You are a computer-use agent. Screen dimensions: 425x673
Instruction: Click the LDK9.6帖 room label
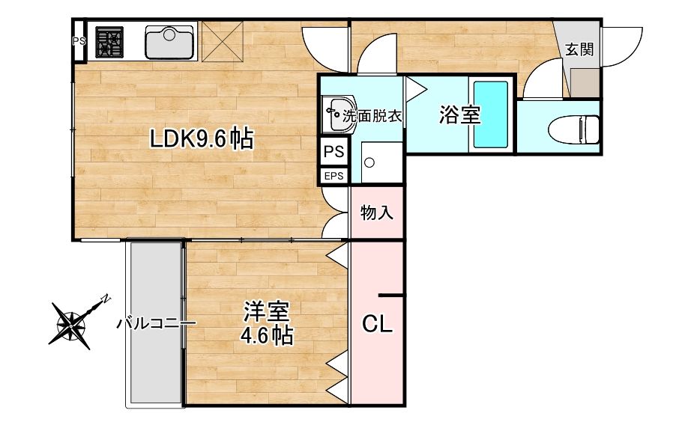pyautogui.click(x=200, y=139)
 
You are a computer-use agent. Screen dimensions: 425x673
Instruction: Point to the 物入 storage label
pyautogui.click(x=377, y=213)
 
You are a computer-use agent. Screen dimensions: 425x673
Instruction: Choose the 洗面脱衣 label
pyautogui.click(x=372, y=117)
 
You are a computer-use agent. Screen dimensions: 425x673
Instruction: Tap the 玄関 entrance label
pyautogui.click(x=579, y=50)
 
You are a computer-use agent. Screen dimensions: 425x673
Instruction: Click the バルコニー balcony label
pyautogui.click(x=156, y=324)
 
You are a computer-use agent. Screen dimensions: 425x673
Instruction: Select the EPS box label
pyautogui.click(x=334, y=177)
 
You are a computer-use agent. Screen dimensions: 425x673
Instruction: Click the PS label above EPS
pyautogui.click(x=334, y=153)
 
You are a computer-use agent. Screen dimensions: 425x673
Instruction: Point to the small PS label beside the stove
pyautogui.click(x=79, y=41)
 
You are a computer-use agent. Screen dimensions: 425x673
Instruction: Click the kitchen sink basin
pyautogui.click(x=170, y=42)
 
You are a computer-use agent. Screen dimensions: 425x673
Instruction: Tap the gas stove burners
pyautogui.click(x=109, y=42)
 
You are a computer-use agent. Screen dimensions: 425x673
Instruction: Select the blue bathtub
pyautogui.click(x=490, y=115)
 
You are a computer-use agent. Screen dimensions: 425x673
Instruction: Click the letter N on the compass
pyautogui.click(x=106, y=297)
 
